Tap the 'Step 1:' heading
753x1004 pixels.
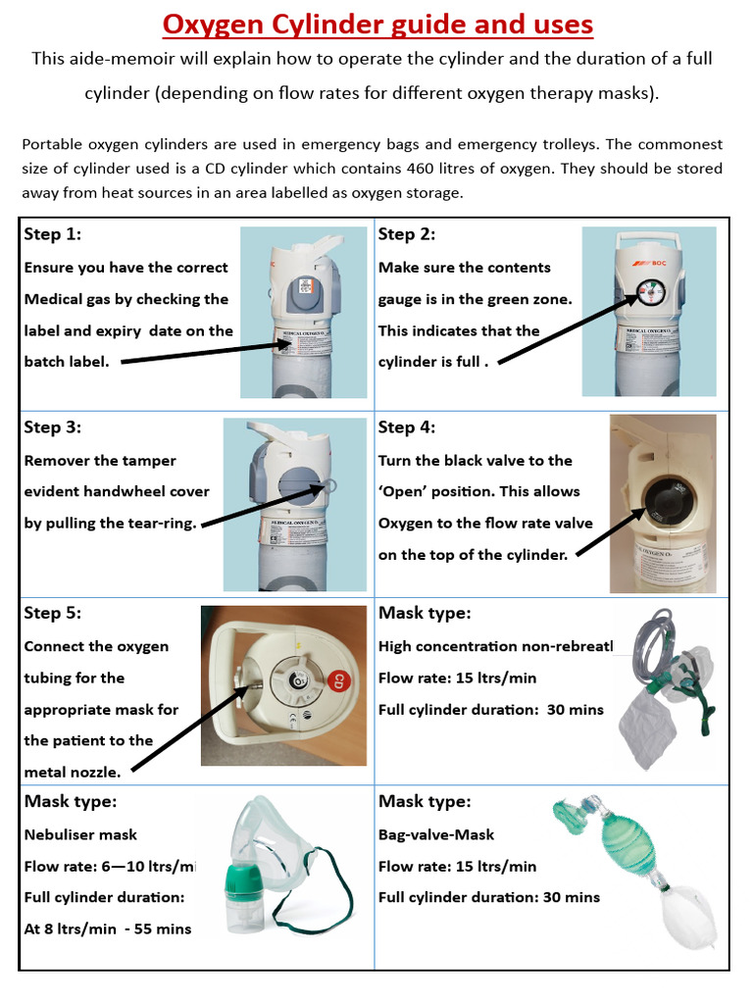point(53,234)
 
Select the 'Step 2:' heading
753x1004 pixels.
point(407,234)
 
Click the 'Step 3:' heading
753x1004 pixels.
point(53,427)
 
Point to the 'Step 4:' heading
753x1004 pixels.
point(407,427)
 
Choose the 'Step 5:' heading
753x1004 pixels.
point(53,614)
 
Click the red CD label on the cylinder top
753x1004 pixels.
point(337,679)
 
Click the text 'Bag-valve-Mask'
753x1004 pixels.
point(436,835)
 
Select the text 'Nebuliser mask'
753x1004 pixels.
point(80,835)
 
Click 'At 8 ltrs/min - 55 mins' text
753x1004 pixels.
point(108,929)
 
